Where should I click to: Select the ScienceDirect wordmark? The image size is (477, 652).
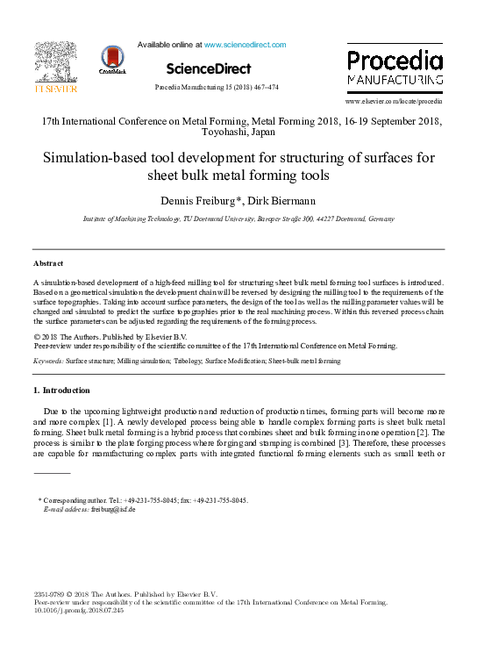pos(208,68)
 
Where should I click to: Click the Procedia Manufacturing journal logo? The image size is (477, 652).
pos(394,68)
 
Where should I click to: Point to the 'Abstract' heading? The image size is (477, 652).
pos(50,263)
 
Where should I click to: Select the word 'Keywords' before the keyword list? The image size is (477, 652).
pos(47,361)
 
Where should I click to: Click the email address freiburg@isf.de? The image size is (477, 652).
pos(113,509)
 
